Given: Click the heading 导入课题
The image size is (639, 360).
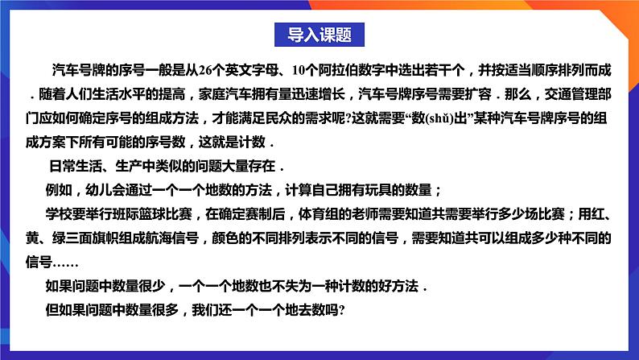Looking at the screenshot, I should click(319, 34).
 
